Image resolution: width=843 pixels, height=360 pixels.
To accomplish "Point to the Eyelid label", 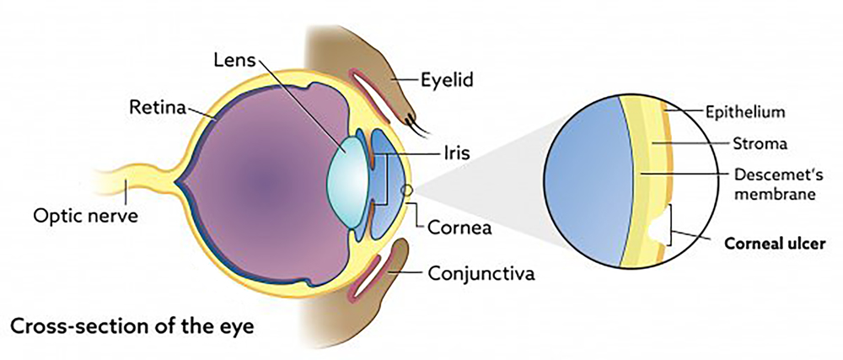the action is tap(448, 81).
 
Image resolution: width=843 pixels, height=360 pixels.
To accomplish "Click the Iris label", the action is tap(455, 153).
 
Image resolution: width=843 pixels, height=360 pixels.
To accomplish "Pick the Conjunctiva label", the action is tap(481, 274).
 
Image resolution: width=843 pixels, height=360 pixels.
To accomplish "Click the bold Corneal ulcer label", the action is tap(775, 244).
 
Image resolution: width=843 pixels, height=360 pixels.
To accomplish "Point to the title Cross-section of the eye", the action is tap(132, 326).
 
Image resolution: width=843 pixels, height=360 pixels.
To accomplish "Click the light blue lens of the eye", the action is tap(348, 181).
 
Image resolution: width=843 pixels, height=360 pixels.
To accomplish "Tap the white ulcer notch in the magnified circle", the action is tap(658, 228).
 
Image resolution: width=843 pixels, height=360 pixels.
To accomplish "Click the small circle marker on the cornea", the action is tap(406, 189).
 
